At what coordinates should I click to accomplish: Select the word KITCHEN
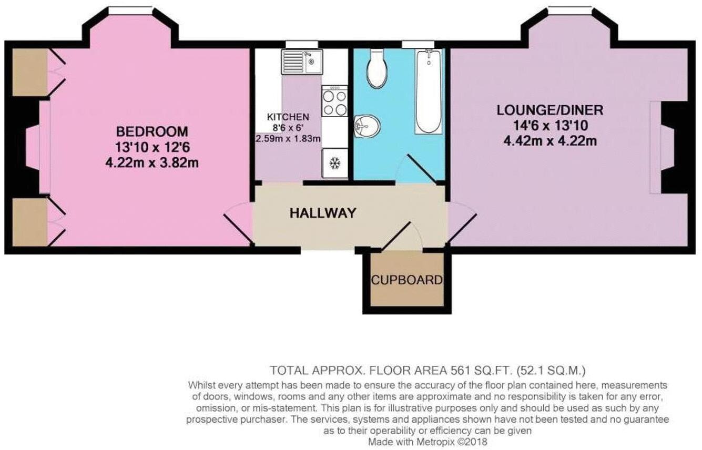click(288, 117)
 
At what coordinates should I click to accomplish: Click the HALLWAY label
click(323, 213)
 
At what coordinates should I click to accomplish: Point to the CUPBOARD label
click(406, 280)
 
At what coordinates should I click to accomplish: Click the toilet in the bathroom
click(377, 68)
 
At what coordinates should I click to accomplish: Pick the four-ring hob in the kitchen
click(334, 103)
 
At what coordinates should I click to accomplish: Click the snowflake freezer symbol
click(334, 163)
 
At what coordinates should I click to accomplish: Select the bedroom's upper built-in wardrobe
click(30, 73)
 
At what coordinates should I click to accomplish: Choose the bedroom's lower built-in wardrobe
click(30, 221)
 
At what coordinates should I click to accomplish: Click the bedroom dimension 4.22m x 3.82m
click(151, 162)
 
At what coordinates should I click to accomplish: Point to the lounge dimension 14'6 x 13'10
click(550, 126)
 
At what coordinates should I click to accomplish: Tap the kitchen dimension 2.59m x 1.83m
click(288, 139)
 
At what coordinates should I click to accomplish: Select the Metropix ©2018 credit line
click(428, 442)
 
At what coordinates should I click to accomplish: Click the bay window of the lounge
click(569, 9)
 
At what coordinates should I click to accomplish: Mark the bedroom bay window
click(130, 9)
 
